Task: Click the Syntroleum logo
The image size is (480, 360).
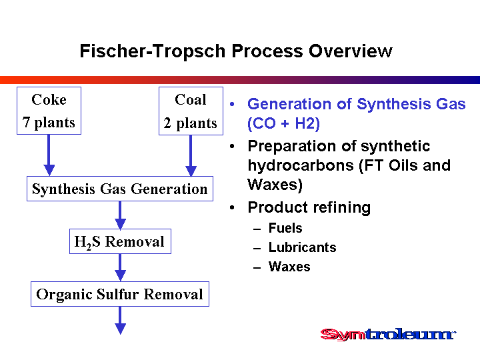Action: tap(388, 334)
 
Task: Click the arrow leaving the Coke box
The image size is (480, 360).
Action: tap(49, 155)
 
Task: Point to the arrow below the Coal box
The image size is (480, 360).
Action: tap(191, 156)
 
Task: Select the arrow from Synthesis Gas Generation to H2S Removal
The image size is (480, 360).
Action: tap(120, 215)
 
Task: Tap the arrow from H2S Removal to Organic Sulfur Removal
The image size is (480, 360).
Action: tap(120, 267)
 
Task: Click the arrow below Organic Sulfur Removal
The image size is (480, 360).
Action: tap(120, 321)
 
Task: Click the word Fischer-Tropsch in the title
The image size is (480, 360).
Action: tap(153, 51)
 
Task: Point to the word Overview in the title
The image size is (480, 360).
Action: tap(350, 51)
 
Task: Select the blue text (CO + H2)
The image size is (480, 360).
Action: tap(283, 124)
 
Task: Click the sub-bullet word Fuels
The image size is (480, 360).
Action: tap(285, 228)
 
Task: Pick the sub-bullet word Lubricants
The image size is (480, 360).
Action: tap(303, 247)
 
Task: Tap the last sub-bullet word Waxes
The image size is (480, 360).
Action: tap(289, 267)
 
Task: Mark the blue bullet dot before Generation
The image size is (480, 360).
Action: tap(232, 104)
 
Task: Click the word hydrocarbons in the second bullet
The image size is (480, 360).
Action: tap(301, 165)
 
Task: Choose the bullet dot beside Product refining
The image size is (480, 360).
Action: tap(232, 207)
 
